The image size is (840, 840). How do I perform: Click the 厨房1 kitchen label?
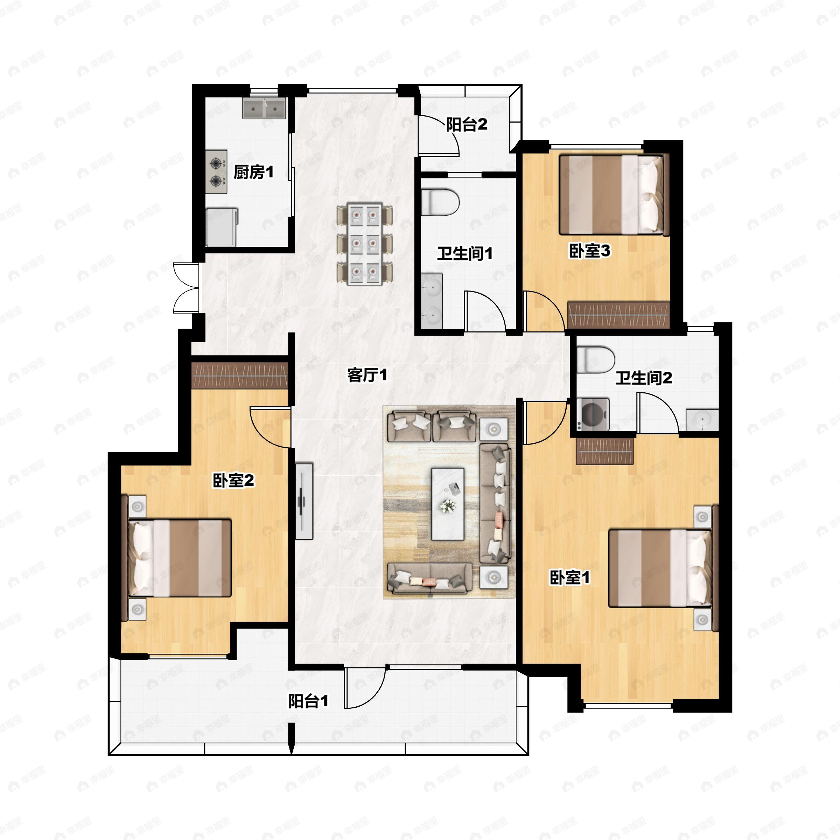pos(253,172)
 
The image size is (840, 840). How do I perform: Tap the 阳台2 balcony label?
pos(467,125)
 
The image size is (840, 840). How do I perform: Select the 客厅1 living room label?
pos(367,375)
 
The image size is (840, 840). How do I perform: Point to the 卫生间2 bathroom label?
pos(644,378)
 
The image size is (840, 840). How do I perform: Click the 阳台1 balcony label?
pos(308,701)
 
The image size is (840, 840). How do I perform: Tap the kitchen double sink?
pos(264,108)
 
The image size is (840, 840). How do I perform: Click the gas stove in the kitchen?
pos(216,172)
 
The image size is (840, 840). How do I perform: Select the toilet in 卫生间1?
pos(440,202)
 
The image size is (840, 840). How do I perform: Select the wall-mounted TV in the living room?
pos(304,501)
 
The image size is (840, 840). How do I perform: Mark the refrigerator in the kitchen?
pos(222,227)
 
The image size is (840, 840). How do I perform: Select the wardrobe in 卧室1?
pos(604,451)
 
